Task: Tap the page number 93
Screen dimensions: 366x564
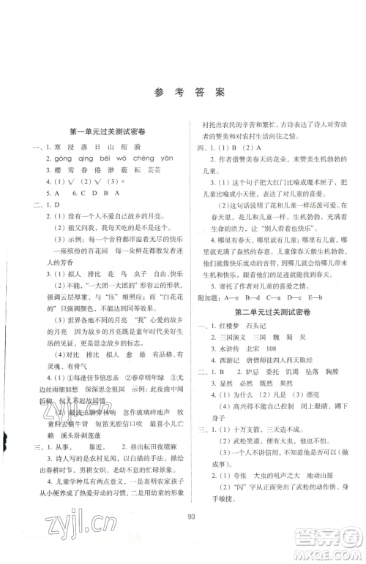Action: click(x=182, y=541)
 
